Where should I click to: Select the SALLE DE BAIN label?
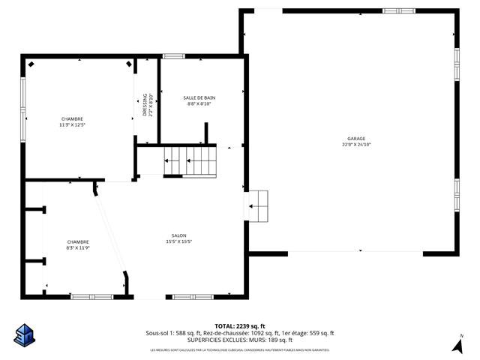click(x=199, y=98)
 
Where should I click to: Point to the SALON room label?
click(x=178, y=235)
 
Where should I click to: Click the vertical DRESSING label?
click(x=145, y=105)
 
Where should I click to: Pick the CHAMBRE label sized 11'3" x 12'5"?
click(x=73, y=119)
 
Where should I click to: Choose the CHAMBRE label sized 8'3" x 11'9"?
click(x=78, y=241)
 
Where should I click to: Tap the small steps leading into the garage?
click(x=259, y=205)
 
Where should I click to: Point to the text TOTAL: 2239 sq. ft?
click(x=240, y=326)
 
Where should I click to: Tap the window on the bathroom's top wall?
click(x=174, y=56)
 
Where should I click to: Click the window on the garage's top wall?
click(x=398, y=10)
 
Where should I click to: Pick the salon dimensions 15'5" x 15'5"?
click(x=178, y=241)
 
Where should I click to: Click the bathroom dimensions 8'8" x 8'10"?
click(x=199, y=104)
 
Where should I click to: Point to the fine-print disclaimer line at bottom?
click(x=240, y=350)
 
